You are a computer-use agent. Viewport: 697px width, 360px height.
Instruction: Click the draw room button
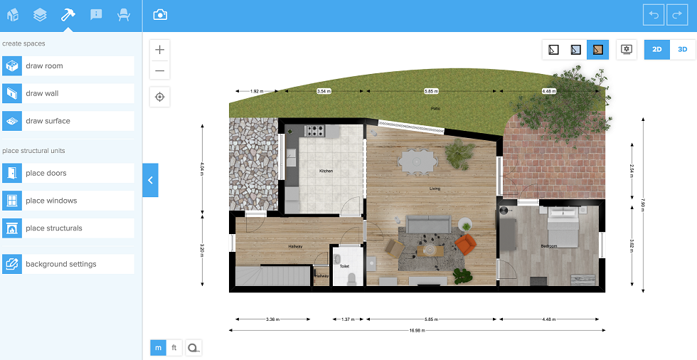point(68,66)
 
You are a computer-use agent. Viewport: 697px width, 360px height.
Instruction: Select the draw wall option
point(68,93)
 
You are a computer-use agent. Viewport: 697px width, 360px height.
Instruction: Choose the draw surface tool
point(68,121)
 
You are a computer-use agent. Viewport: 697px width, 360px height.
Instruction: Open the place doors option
point(68,173)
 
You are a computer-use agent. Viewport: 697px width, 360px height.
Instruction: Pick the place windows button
point(68,201)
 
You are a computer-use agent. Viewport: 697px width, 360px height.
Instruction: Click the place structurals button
point(68,228)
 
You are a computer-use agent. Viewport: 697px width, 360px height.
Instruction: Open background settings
point(68,264)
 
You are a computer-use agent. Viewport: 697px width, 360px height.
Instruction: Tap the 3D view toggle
point(682,50)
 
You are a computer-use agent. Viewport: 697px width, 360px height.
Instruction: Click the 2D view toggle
point(657,50)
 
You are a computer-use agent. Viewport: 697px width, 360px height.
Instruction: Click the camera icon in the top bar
point(161,15)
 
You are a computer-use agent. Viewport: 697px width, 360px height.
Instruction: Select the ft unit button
point(174,348)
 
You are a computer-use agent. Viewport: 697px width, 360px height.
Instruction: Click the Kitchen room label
point(326,171)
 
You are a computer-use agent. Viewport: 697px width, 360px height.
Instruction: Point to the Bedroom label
point(548,246)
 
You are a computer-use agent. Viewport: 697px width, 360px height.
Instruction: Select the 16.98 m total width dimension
point(417,331)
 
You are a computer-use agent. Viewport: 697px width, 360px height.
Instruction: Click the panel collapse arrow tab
point(150,180)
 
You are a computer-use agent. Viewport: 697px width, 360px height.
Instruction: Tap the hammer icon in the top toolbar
point(68,15)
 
